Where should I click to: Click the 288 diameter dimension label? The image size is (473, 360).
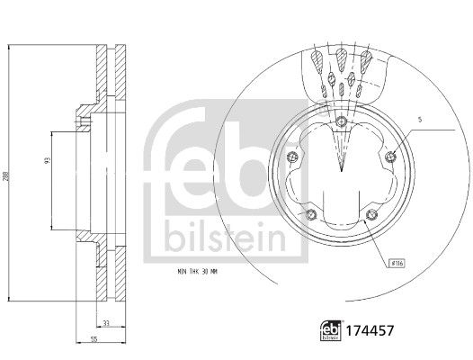(x=6, y=179)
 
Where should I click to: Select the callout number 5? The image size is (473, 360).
(x=419, y=119)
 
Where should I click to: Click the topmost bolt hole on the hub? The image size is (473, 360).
(x=341, y=122)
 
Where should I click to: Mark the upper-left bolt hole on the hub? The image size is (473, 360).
(x=290, y=159)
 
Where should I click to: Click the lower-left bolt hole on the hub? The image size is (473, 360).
(x=310, y=214)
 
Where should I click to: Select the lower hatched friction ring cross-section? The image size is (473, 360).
(x=116, y=274)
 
